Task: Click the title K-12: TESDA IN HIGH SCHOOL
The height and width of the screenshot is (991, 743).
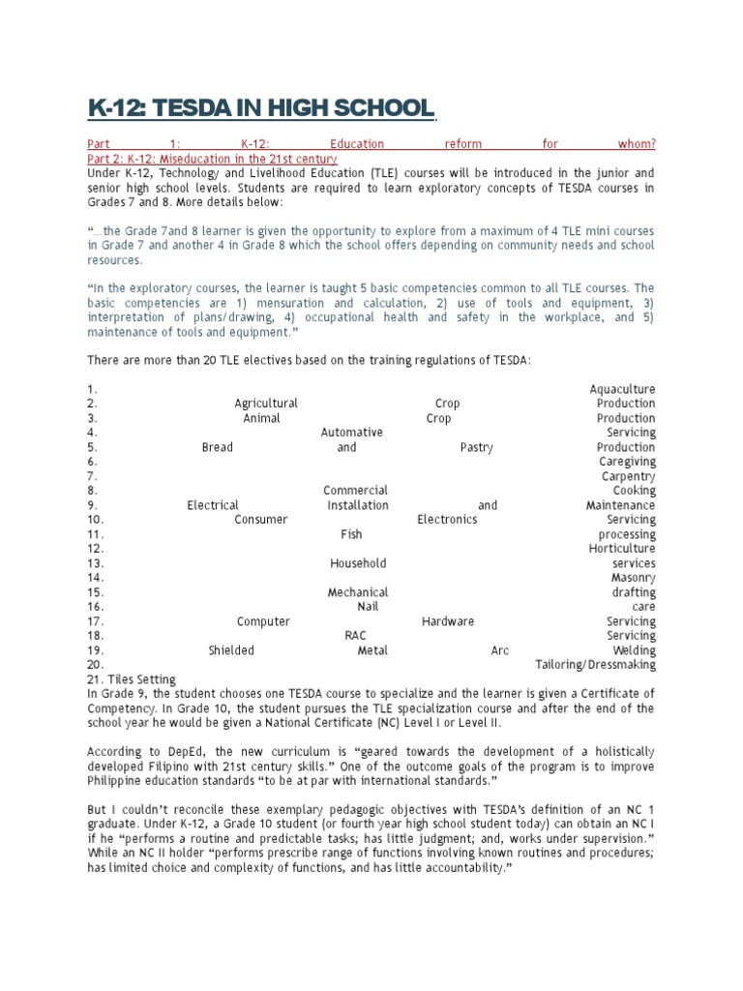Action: pos(260,108)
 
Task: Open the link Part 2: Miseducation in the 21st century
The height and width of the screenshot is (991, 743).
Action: pos(212,159)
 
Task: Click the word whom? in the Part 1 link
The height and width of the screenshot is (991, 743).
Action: pos(636,144)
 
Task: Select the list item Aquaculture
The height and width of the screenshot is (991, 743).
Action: pos(622,389)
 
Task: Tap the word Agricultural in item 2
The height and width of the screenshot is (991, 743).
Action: pos(266,404)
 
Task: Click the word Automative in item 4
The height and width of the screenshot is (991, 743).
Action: pos(352,433)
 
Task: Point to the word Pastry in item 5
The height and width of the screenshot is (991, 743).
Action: pos(477,447)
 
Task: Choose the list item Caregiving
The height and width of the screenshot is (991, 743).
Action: pos(627,462)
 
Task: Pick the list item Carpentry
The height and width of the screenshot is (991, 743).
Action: pos(628,476)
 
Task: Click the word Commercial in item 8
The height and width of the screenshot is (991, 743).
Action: pos(355,491)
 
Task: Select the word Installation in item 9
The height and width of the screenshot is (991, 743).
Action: pos(358,505)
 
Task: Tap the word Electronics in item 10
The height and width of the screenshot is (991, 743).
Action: pos(447,520)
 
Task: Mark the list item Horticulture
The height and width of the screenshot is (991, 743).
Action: pos(622,549)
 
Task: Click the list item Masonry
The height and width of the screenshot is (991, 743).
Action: pos(633,578)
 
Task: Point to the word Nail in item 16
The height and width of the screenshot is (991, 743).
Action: pos(368,607)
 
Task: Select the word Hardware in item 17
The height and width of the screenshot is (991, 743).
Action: pos(448,621)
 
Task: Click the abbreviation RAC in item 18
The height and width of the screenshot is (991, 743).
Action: pos(355,636)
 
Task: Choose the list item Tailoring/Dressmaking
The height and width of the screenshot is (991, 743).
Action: pos(595,665)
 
